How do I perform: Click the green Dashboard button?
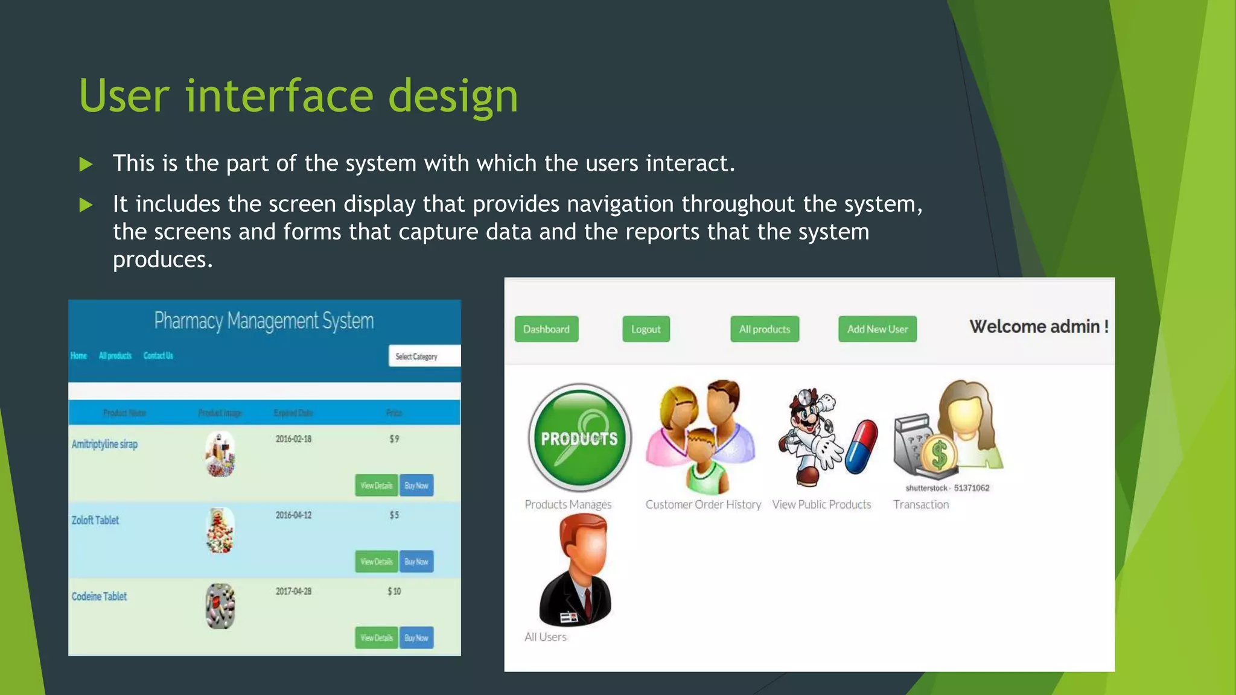tap(546, 329)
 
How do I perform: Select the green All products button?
tap(764, 329)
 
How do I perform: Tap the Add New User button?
tap(877, 329)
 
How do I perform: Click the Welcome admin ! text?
tap(1038, 326)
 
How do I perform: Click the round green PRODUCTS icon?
tap(579, 437)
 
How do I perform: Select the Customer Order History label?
tap(703, 504)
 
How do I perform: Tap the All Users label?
tap(545, 637)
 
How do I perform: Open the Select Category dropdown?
tap(424, 356)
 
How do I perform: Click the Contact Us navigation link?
tap(158, 355)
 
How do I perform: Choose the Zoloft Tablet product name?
tap(95, 520)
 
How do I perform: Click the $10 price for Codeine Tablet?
tap(394, 591)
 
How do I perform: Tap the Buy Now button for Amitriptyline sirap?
tap(416, 485)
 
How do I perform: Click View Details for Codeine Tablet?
tap(376, 638)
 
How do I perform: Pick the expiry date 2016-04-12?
tap(293, 515)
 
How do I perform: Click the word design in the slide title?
tap(453, 97)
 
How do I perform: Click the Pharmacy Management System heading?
tap(264, 320)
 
